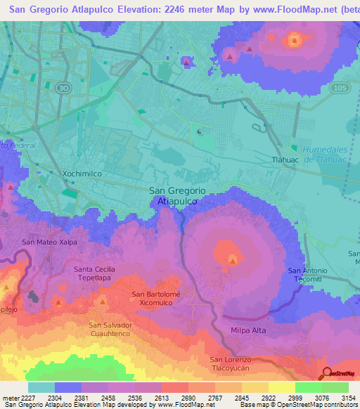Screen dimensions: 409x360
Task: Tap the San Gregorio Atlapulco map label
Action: pyautogui.click(x=177, y=195)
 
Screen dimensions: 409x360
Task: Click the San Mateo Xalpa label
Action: pyautogui.click(x=49, y=242)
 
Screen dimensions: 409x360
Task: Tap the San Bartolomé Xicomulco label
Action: pyautogui.click(x=157, y=298)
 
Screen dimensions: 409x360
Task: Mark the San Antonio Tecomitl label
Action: pyautogui.click(x=308, y=275)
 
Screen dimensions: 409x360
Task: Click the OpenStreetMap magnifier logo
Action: pyautogui.click(x=327, y=373)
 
